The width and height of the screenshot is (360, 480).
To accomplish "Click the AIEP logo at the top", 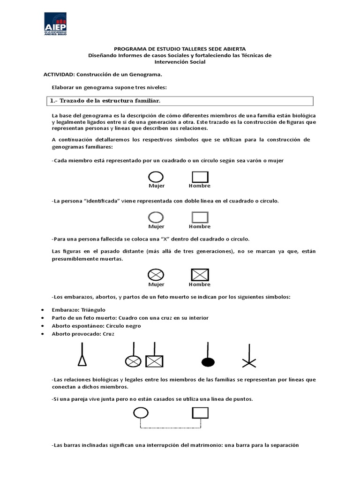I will click(60, 24).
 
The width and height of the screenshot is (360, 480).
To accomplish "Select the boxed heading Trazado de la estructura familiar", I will click(105, 101).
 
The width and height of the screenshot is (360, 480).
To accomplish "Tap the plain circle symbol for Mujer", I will click(156, 176).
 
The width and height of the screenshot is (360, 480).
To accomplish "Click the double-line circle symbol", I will click(156, 217).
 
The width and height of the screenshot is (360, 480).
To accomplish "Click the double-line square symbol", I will click(200, 217).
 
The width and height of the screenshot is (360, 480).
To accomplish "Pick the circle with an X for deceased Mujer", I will click(156, 275).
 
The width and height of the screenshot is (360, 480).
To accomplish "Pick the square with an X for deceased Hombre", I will click(200, 275).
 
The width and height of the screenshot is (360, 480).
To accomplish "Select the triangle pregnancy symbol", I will click(82, 360).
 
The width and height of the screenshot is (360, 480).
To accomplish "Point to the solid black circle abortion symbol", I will click(208, 361).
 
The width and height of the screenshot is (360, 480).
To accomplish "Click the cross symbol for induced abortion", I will click(248, 361).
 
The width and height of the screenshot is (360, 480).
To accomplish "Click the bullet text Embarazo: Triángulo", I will click(79, 310).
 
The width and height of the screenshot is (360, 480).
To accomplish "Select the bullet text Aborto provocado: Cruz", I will click(83, 334).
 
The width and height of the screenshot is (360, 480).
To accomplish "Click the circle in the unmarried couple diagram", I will click(141, 412).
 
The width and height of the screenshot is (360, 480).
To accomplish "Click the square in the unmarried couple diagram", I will click(200, 412).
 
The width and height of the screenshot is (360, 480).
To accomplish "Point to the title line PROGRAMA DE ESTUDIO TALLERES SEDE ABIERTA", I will click(180, 49).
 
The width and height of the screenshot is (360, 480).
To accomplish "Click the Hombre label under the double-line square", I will click(200, 227).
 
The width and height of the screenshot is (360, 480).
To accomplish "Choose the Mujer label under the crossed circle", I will click(156, 285).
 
